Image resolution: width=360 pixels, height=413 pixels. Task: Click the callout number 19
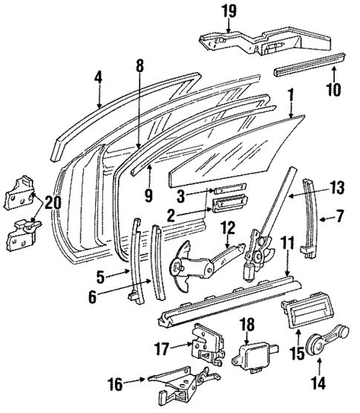click(x=227, y=10)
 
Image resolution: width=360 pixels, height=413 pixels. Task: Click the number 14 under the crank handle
click(x=318, y=383)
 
